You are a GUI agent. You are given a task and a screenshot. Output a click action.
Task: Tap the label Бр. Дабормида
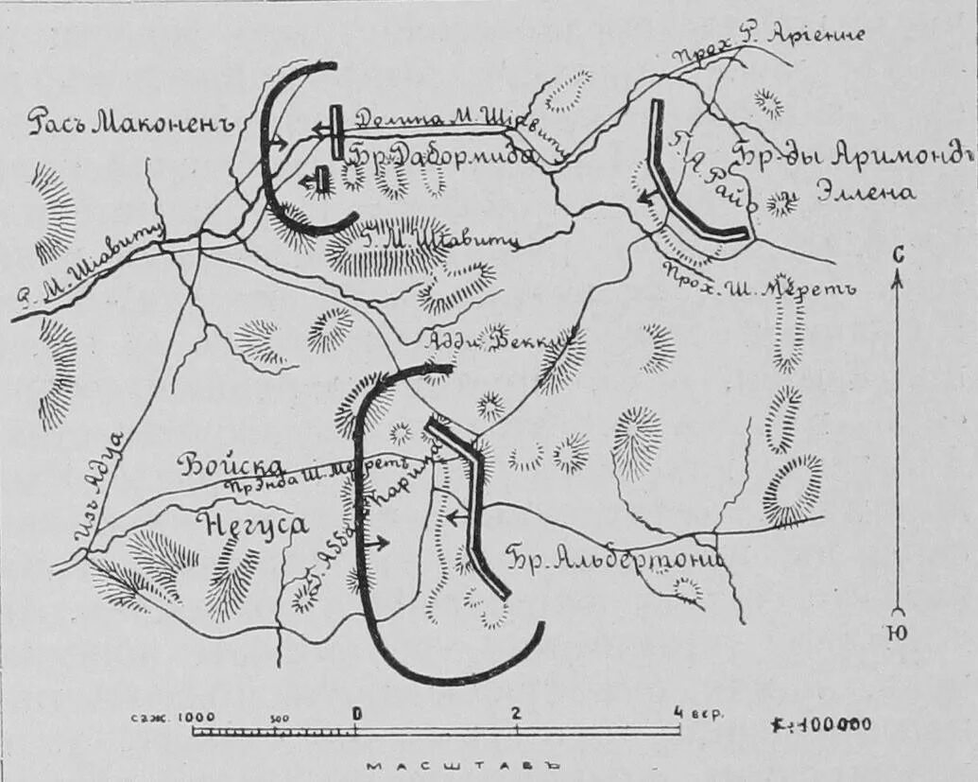(442, 156)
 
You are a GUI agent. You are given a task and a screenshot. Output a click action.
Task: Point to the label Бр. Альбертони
(614, 558)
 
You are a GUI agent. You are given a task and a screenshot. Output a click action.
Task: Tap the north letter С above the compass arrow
(899, 253)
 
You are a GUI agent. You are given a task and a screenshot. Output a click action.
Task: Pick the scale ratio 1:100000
(821, 724)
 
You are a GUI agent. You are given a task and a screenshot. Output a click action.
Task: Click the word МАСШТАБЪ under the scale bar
(463, 766)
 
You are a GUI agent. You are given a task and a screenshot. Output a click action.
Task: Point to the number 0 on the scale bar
(357, 713)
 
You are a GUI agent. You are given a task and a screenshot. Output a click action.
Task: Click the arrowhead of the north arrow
(899, 276)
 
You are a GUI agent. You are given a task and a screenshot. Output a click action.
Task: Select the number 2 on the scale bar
(516, 713)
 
